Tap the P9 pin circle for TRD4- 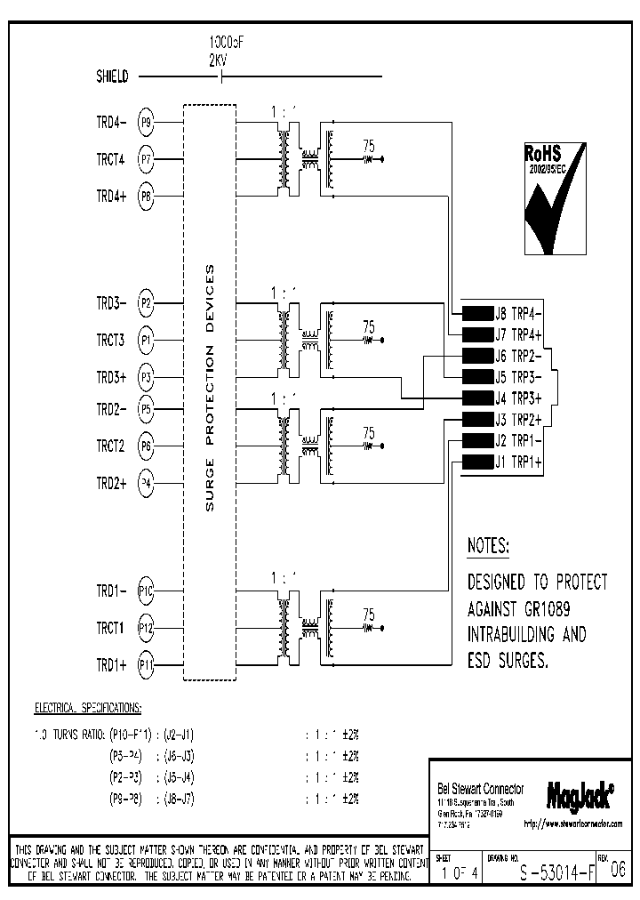click(x=147, y=123)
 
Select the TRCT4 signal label click(x=111, y=160)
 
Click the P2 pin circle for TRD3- click(x=147, y=303)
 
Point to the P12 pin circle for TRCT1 click(x=147, y=628)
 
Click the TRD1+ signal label click(x=111, y=664)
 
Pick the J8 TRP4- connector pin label click(x=519, y=312)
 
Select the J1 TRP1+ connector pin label click(x=519, y=462)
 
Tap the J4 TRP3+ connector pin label click(x=519, y=398)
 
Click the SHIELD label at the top click(x=112, y=76)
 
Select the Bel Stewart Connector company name click(x=481, y=789)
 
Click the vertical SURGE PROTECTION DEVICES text click(x=210, y=389)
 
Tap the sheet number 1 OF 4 click(x=460, y=872)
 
